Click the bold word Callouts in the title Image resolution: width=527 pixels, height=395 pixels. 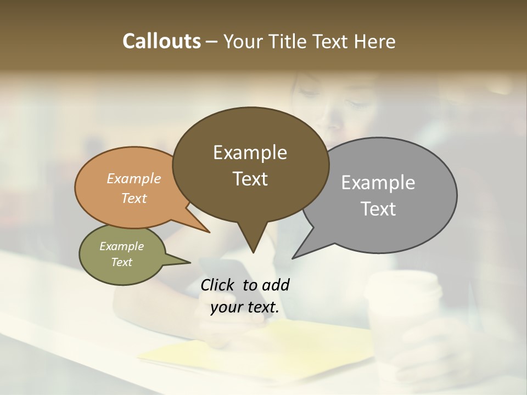tap(161, 41)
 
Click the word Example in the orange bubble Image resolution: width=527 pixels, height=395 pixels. tap(133, 178)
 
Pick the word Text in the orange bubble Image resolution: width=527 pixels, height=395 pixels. tap(133, 198)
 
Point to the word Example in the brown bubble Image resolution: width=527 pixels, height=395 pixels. tap(250, 153)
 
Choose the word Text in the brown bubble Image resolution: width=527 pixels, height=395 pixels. tap(250, 179)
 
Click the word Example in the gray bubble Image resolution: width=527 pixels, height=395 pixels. tap(378, 183)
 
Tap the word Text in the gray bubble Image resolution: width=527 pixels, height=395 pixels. tap(378, 209)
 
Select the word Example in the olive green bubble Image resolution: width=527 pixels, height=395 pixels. tap(121, 246)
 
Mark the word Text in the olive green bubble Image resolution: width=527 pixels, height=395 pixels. tap(121, 262)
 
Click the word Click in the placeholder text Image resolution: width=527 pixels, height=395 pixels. tap(218, 285)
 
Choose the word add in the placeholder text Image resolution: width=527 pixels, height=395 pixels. tap(276, 285)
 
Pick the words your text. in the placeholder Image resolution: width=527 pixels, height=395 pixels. tap(245, 307)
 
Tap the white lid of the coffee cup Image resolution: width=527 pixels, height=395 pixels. tap(404, 286)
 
